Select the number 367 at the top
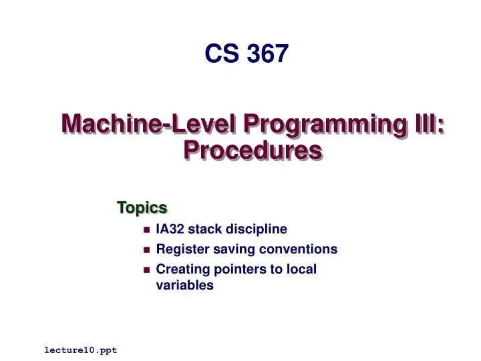267,53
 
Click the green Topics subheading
142,208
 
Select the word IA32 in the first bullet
170,229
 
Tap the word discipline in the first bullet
257,229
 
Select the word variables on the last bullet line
184,285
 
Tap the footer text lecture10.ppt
81,350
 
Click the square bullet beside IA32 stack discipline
146,230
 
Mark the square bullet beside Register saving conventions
146,250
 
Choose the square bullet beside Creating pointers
146,270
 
